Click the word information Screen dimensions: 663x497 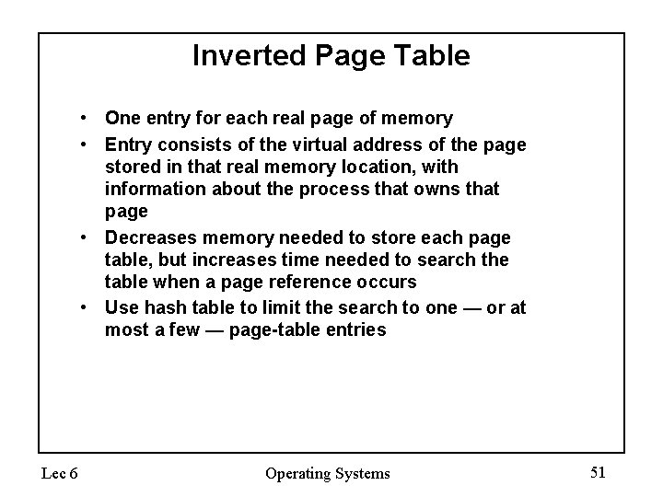(x=153, y=189)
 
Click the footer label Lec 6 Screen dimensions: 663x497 (x=60, y=473)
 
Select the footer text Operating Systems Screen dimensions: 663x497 (x=328, y=473)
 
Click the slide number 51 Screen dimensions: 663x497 (x=598, y=472)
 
